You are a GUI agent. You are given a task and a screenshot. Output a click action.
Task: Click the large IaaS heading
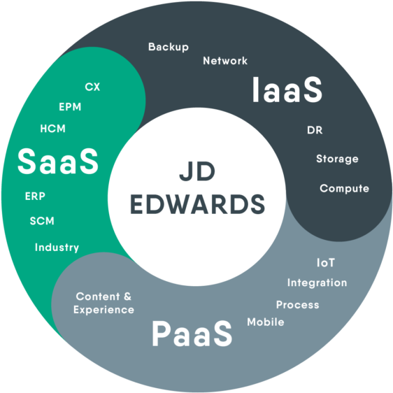point(287,90)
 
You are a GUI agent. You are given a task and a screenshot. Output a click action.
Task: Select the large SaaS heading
point(58,161)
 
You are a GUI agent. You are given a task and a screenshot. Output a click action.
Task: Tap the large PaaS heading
point(192,334)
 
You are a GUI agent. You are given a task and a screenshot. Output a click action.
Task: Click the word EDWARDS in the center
point(197,203)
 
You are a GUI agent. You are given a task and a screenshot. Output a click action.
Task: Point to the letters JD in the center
point(197,171)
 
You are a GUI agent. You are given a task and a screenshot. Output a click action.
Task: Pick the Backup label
point(169,47)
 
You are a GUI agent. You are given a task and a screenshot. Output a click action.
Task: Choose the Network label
point(225,61)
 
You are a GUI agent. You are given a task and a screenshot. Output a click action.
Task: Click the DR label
point(315,130)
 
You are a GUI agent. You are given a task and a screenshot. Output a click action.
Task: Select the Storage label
point(337,159)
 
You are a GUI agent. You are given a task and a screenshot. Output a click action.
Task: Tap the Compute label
point(344,189)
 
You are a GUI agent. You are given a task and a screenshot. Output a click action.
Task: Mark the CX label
point(92,87)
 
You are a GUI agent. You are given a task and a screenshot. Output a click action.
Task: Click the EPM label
point(70,107)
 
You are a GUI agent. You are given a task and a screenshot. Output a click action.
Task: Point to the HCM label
point(52,129)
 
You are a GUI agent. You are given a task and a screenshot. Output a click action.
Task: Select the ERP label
point(35,196)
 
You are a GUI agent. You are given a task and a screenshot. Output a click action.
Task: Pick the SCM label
point(42,221)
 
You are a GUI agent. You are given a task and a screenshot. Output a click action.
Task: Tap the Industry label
point(57,248)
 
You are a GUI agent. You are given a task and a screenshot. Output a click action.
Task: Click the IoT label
point(326,263)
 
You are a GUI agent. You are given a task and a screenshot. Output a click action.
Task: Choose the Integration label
point(317,283)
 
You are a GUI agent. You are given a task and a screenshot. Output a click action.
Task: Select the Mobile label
point(266,322)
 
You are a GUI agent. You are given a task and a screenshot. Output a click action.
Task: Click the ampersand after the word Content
point(127,296)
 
